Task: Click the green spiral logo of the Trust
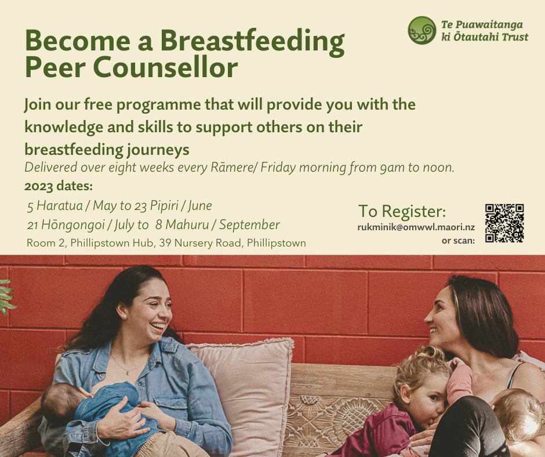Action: click(422, 30)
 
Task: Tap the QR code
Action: click(504, 223)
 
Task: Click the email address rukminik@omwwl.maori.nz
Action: click(416, 227)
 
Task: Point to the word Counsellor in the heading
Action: click(165, 67)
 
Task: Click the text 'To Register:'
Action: click(402, 211)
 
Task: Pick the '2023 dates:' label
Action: click(59, 186)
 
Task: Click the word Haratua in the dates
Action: click(60, 205)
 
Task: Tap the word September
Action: click(249, 224)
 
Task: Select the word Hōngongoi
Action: click(72, 224)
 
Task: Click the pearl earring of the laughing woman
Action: click(124, 317)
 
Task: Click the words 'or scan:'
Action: click(458, 240)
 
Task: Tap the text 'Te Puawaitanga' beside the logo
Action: click(482, 25)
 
